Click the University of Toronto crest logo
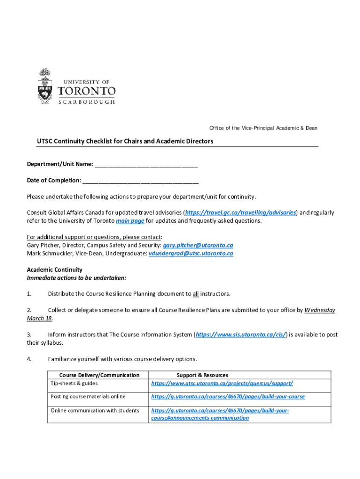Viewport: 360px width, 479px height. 45,87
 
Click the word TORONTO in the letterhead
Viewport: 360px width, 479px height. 86,90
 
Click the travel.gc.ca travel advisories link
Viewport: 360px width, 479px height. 241,212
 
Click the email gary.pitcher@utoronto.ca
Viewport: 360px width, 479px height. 198,245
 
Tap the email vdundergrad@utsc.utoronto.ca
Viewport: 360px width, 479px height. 191,254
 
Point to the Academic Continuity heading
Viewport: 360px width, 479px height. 55,269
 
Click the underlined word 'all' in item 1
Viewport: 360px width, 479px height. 195,294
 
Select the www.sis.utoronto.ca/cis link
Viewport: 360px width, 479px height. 241,334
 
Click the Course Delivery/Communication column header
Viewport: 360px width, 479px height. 99,375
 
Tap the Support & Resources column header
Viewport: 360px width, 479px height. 202,375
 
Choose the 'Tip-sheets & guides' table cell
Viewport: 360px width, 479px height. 74,383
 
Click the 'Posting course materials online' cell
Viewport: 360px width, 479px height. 88,396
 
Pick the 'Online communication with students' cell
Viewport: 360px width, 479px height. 95,410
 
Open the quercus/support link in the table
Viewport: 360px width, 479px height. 222,383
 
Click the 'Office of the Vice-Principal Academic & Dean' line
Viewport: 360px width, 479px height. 263,128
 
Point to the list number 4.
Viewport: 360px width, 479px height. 29,359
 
